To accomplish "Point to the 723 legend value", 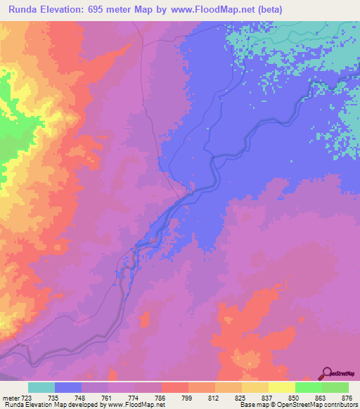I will click(x=28, y=396).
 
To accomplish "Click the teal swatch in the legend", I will click(x=41, y=387).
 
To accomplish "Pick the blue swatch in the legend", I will click(x=68, y=387).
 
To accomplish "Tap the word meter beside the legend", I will click(x=10, y=396).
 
